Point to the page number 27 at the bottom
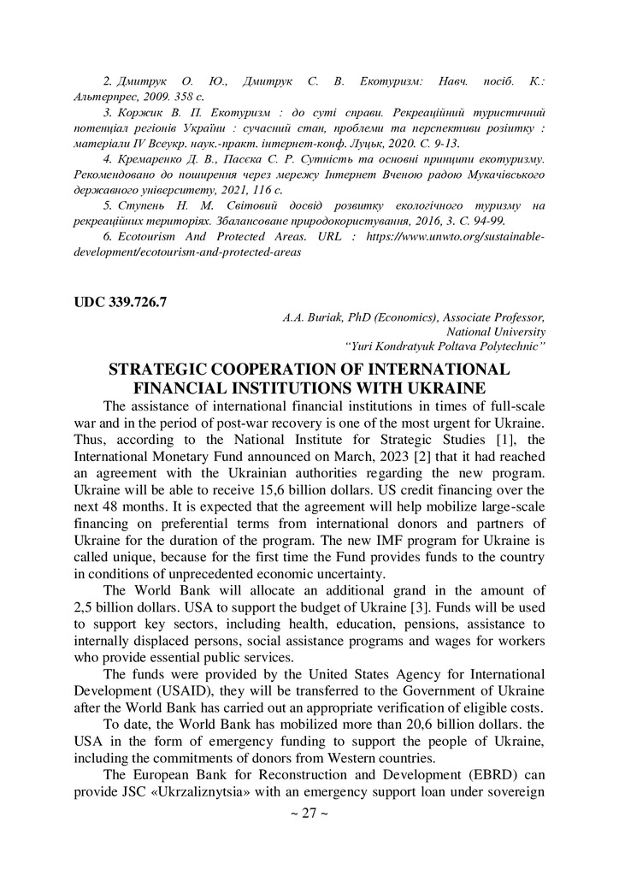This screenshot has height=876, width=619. click(x=309, y=813)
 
